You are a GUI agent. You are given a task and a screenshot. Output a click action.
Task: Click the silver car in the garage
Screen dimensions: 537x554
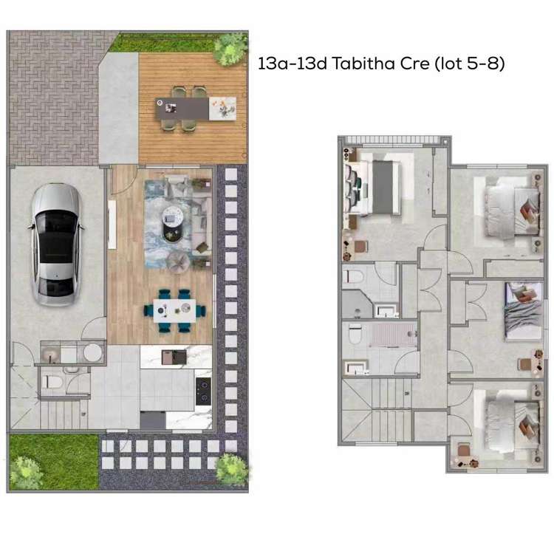pyautogui.click(x=55, y=244)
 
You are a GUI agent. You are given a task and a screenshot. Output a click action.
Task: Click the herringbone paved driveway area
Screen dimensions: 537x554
pyautogui.click(x=52, y=96)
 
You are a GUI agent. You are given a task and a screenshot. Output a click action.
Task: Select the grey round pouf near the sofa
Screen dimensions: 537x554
pyautogui.click(x=178, y=261)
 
